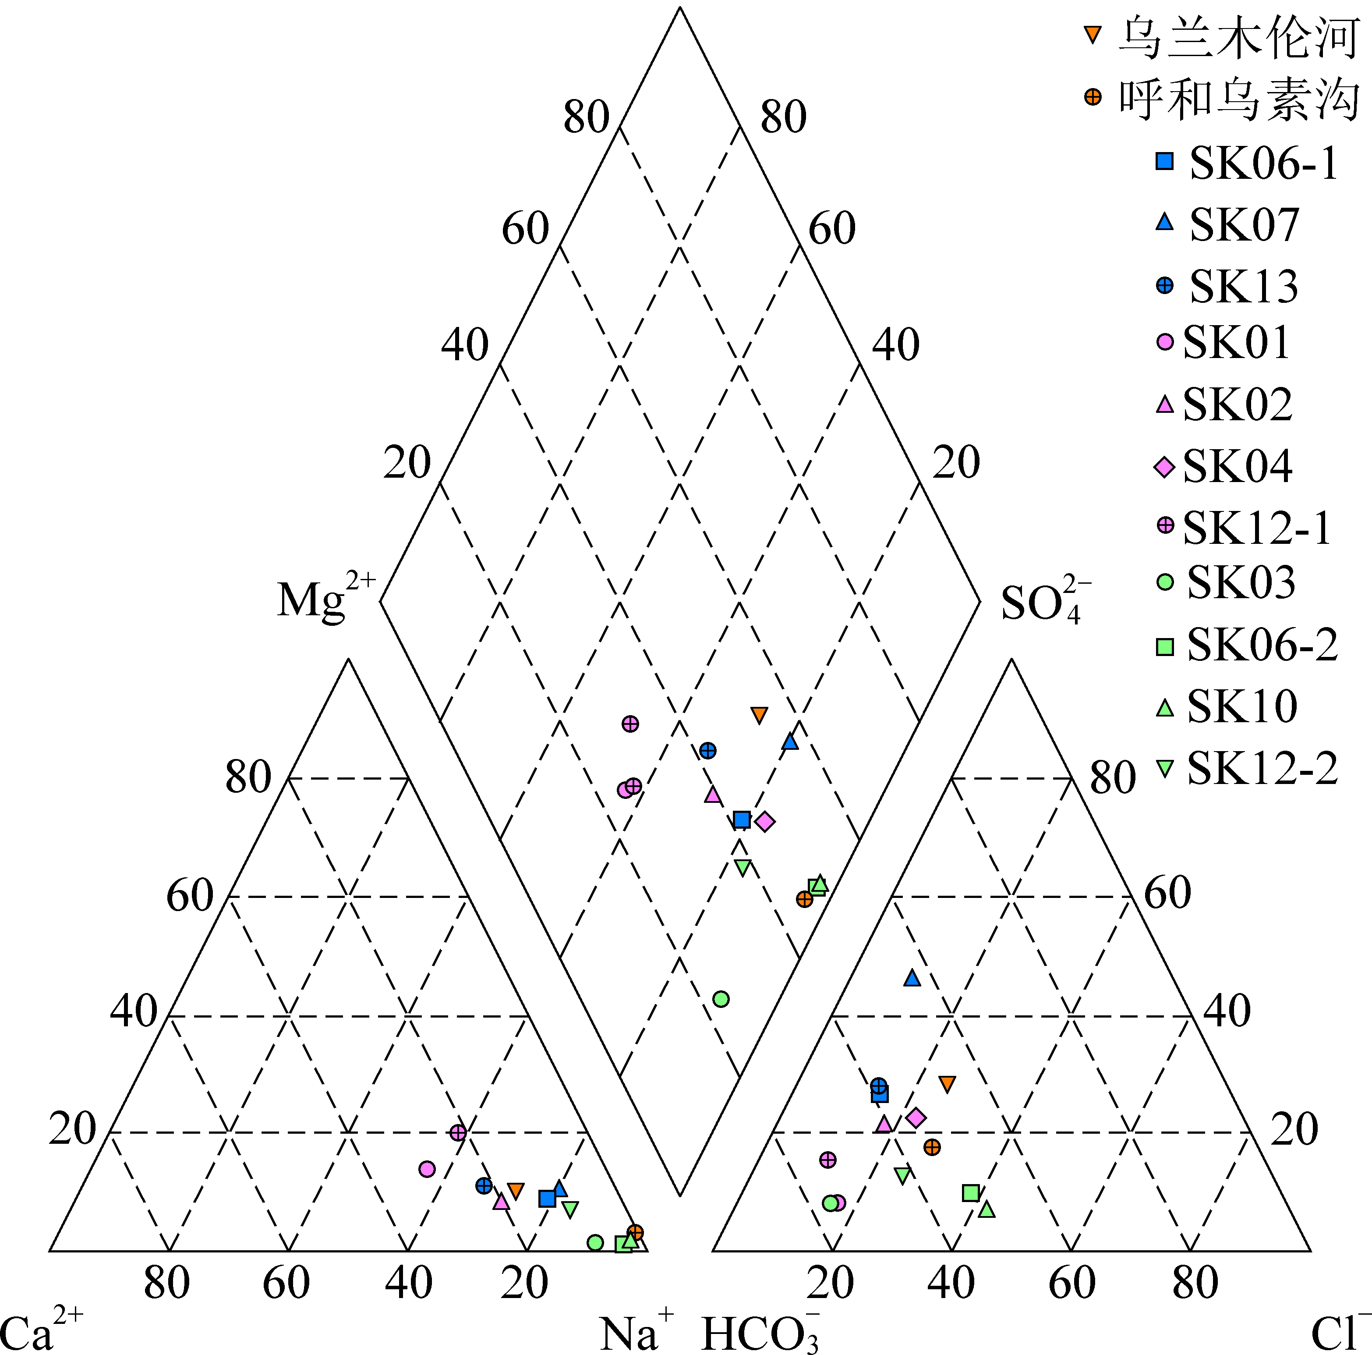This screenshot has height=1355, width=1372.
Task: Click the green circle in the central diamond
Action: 721,1000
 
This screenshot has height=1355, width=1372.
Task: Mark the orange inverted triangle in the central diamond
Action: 759,715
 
